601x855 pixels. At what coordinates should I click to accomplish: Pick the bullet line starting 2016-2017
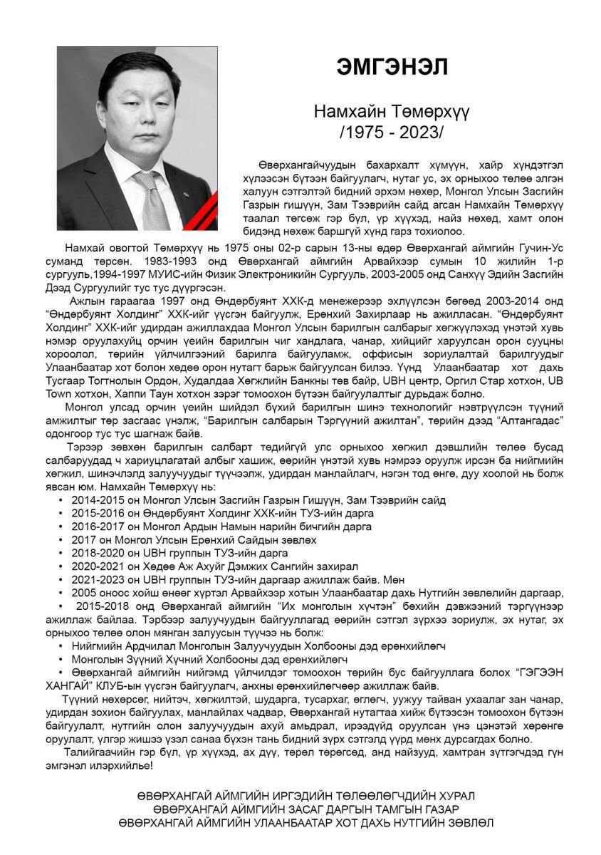pos(221,527)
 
